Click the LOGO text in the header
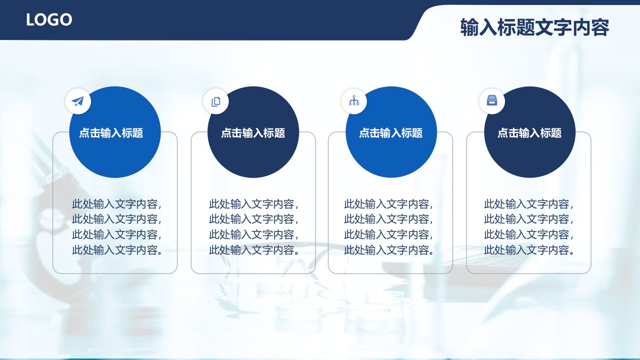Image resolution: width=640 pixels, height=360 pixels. tap(49, 20)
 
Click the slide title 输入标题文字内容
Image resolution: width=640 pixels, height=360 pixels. tap(534, 27)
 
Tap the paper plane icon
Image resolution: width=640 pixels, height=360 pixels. tap(77, 101)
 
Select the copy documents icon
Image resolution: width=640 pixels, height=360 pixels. tap(215, 101)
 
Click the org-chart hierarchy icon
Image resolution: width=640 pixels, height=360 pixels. tap(354, 100)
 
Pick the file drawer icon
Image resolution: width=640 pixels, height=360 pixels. tap(491, 100)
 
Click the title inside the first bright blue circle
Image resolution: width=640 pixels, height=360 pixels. tap(111, 133)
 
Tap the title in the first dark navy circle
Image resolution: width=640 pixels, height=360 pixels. tap(253, 133)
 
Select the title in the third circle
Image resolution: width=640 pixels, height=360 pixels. tap(391, 133)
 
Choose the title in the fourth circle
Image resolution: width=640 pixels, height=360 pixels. tap(529, 133)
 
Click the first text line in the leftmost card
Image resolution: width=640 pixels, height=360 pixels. tap(117, 204)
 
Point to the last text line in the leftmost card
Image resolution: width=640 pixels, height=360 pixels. tap(117, 250)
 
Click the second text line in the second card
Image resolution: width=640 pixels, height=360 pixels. tap(253, 219)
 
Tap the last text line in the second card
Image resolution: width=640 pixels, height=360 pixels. tap(254, 250)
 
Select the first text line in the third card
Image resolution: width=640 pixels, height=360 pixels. tap(388, 204)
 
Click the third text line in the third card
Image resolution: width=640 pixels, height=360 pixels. tap(388, 234)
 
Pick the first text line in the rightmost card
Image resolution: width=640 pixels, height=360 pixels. tap(529, 204)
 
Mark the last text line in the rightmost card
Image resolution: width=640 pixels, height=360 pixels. tap(529, 250)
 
